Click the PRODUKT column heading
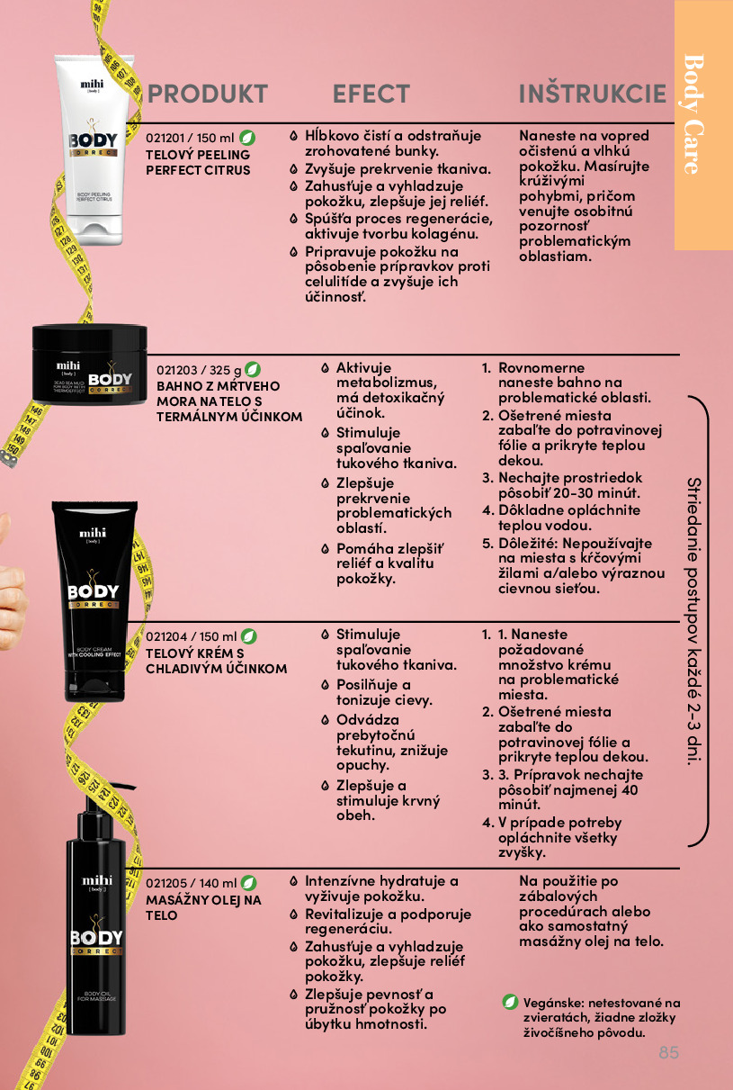coord(208,94)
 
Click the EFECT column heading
coord(371,94)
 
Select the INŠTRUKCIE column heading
coord(593,93)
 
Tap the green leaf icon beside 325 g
coord(252,369)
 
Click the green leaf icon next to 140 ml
coord(249,883)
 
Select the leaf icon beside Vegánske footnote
coord(510,1002)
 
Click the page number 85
coord(669,1052)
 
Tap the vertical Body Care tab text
coord(694,114)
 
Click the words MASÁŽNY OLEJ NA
coord(203,900)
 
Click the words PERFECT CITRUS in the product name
coord(198,170)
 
